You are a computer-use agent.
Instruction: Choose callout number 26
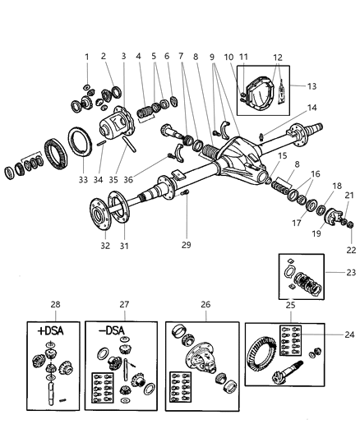pyautogui.click(x=205, y=304)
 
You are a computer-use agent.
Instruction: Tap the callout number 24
pyautogui.click(x=351, y=334)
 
